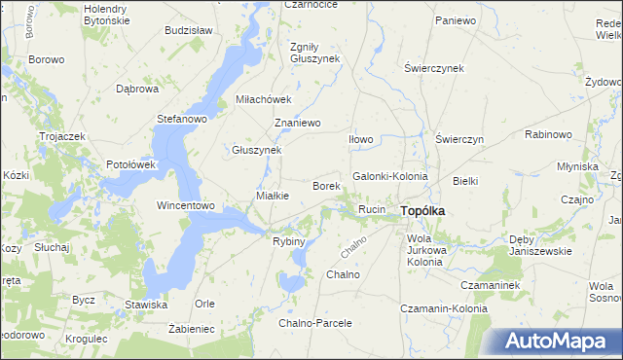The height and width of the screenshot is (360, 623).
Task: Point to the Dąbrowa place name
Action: click(x=136, y=89)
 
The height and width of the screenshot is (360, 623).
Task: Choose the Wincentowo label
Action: click(x=185, y=206)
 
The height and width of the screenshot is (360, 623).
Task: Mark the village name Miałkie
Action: click(x=272, y=197)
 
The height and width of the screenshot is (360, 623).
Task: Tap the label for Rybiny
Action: click(x=289, y=241)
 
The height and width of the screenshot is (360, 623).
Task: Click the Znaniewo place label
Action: click(x=298, y=124)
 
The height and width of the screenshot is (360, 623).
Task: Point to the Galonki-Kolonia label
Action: click(x=389, y=176)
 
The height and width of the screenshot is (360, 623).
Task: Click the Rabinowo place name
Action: click(x=548, y=134)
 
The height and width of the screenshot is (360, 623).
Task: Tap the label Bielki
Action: click(x=465, y=181)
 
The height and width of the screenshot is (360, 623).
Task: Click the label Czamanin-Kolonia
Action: click(x=443, y=308)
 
